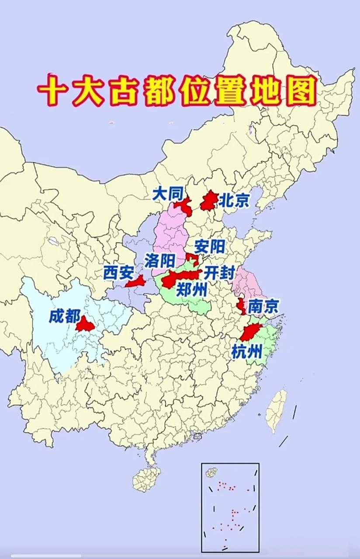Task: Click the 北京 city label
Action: pyautogui.click(x=234, y=200)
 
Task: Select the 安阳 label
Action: pyautogui.click(x=210, y=247)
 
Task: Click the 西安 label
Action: pyautogui.click(x=118, y=273)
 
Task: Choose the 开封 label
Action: pyautogui.click(x=219, y=274)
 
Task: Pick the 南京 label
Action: pyautogui.click(x=263, y=307)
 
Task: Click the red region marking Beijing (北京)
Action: pyautogui.click(x=209, y=201)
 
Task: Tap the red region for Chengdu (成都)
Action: pyautogui.click(x=85, y=324)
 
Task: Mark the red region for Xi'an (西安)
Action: pyautogui.click(x=136, y=282)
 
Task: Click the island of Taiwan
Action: pyautogui.click(x=277, y=411)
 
